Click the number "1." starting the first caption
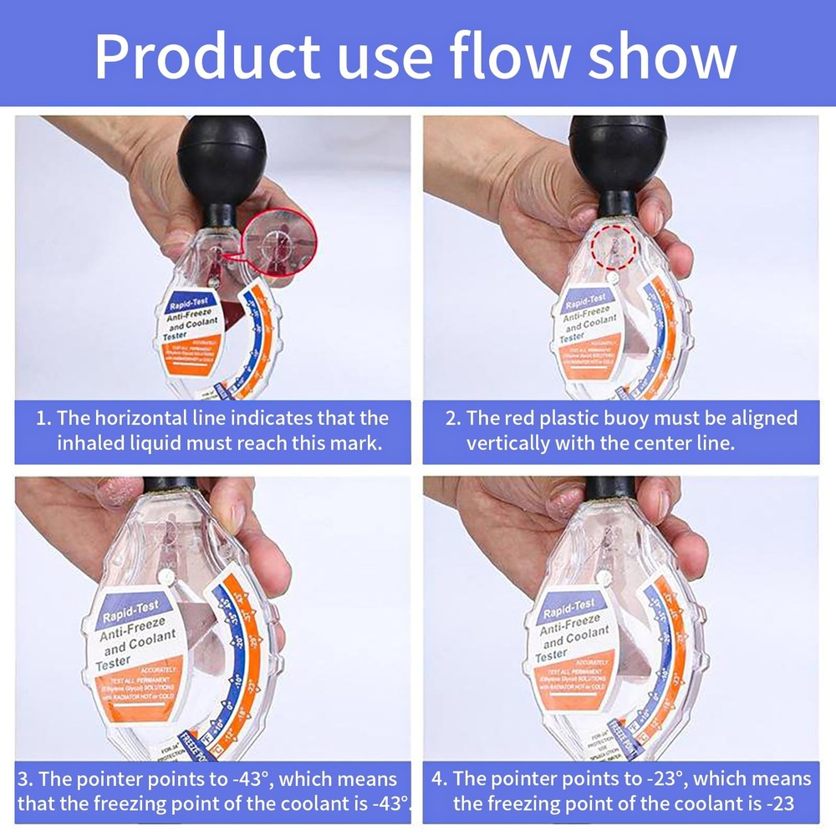coord(43,418)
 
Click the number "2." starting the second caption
coord(452,418)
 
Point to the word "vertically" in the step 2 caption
coord(509,443)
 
